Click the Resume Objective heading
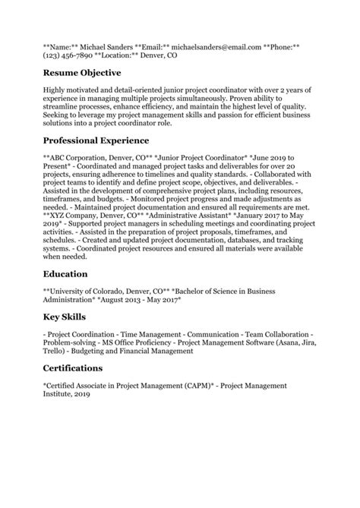click(x=82, y=73)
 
